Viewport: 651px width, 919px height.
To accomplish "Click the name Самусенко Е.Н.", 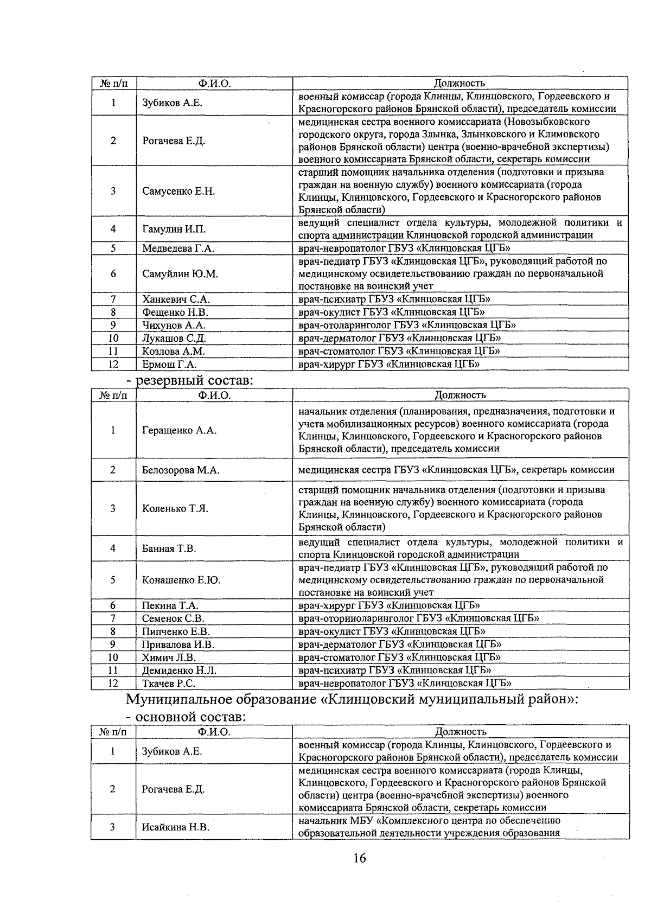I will [178, 191].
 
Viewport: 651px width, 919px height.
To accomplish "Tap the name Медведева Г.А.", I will [178, 248].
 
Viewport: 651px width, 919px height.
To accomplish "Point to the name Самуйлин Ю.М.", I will [180, 274].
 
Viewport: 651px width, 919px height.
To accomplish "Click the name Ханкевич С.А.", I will [176, 299].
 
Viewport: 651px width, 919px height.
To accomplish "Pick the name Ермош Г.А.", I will [169, 365].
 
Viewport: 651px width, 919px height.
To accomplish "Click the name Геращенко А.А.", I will [179, 430].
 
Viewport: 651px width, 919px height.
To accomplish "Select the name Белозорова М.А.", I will [181, 470].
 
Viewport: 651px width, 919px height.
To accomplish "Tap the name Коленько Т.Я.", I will [175, 508].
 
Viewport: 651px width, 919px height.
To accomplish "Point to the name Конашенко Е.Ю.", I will [181, 580].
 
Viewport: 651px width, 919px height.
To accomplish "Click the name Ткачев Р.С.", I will [168, 684].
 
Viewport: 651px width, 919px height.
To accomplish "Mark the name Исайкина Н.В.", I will [175, 827].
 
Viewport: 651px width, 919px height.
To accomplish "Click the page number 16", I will [359, 858].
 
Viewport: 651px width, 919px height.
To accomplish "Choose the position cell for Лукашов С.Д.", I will [399, 338].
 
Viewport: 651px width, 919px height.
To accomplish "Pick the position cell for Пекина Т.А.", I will [389, 605].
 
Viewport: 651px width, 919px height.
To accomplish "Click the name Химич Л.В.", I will [169, 658].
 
